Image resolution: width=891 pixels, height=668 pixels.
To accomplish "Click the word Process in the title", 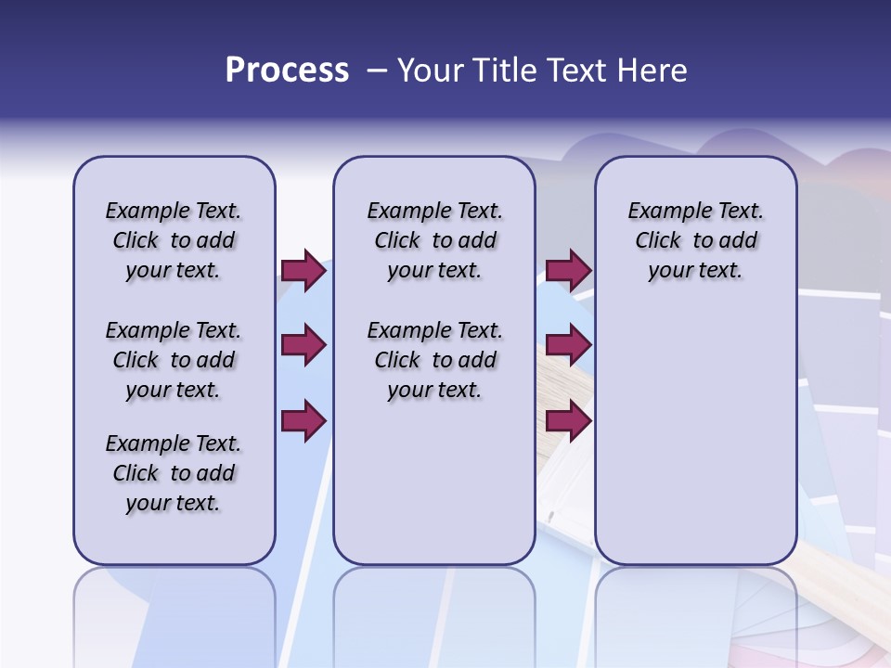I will point(287,71).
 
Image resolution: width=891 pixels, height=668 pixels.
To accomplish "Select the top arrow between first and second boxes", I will point(303,270).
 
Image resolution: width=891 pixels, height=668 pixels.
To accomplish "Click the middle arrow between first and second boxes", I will point(303,345).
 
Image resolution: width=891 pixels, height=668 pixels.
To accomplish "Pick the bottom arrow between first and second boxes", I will point(303,420).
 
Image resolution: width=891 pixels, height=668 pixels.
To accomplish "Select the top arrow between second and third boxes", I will point(568,270).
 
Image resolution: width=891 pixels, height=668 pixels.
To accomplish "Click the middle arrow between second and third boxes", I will point(568,345).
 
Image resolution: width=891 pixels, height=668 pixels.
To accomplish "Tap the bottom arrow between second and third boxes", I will point(568,420).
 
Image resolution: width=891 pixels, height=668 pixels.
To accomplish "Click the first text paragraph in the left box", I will point(174,240).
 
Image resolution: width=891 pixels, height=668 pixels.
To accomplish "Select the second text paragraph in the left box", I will point(174,360).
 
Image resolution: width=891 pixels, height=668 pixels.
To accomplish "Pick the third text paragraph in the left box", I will point(174,473).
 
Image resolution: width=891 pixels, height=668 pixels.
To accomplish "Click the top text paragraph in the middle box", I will point(434,240).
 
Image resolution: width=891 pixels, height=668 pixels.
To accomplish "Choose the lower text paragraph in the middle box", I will point(434,360).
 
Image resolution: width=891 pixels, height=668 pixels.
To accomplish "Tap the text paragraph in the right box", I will point(695,240).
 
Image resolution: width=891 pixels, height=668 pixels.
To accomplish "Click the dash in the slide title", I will point(377,71).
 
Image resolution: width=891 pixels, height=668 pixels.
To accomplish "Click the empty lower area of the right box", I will point(695,445).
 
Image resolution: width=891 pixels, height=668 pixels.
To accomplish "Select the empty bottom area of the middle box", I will point(434,492).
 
